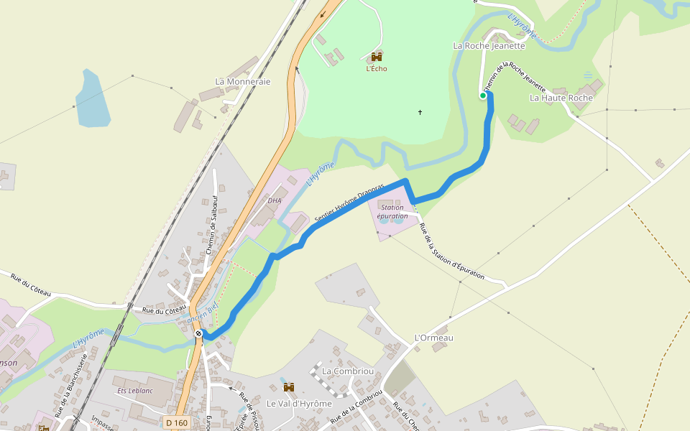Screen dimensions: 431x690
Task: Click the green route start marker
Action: pos(484,95)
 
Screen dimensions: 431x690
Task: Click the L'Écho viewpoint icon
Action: pos(376,57)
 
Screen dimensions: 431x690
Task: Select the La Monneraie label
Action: pos(243,82)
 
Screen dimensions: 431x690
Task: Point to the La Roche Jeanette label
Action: pos(489,45)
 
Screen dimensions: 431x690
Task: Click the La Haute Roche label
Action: pos(561,98)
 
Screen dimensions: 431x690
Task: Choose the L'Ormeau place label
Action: pos(434,338)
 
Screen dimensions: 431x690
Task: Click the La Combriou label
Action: pos(348,371)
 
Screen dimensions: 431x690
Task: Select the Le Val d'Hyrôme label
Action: pos(299,404)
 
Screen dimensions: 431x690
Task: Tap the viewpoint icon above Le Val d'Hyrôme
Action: pos(289,388)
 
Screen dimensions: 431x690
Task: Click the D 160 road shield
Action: pos(176,423)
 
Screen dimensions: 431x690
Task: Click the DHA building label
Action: pos(275,200)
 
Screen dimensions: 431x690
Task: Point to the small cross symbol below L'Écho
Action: pos(420,112)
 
